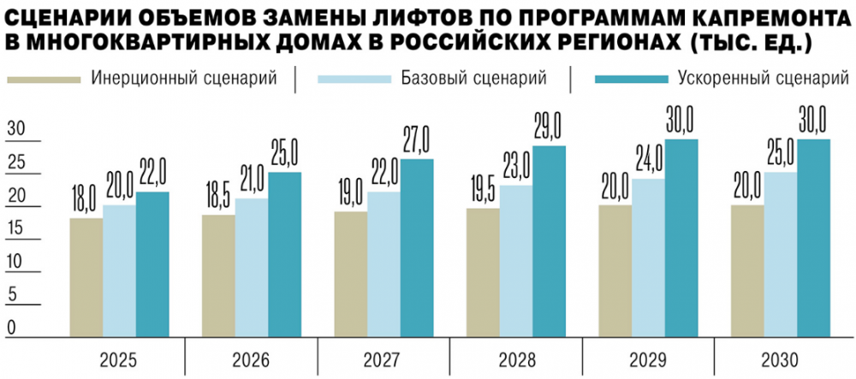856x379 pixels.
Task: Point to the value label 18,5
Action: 217,198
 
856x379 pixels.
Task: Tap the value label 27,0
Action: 417,142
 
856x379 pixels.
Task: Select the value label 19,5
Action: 482,192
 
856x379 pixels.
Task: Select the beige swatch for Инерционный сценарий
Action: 45,80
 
